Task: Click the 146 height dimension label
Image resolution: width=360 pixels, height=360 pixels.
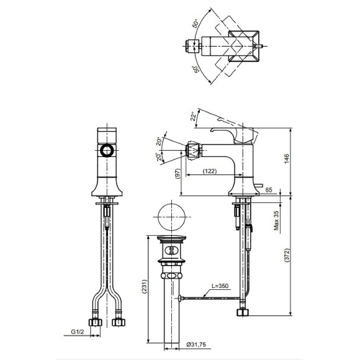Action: coord(287,159)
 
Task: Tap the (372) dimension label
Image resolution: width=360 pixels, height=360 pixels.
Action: coord(287,255)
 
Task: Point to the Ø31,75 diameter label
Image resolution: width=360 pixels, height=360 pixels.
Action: coord(196,344)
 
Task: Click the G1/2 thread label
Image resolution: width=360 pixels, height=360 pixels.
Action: coord(78,331)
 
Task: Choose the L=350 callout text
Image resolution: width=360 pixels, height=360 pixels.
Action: coord(220,286)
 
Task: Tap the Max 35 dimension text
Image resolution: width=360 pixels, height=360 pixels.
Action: coord(276,220)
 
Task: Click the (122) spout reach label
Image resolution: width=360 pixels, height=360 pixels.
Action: coord(210,171)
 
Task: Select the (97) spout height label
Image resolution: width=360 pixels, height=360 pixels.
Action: coord(178,174)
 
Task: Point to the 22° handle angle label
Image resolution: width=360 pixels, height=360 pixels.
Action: coord(194,116)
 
